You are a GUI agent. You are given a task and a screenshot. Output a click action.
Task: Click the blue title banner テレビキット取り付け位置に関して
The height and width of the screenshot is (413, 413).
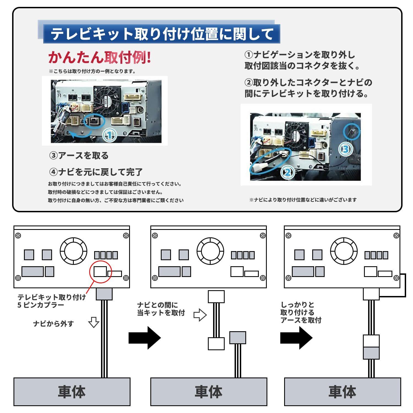[162, 34]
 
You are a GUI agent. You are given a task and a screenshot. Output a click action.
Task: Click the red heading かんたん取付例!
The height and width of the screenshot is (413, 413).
[100, 57]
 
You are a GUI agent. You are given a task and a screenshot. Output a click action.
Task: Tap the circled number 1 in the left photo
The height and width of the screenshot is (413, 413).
[109, 135]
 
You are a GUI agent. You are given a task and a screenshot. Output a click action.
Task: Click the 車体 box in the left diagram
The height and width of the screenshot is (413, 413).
[72, 392]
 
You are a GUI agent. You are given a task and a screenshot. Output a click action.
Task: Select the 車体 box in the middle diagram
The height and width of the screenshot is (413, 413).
[209, 392]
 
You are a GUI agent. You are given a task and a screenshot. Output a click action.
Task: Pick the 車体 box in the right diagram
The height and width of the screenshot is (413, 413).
[342, 392]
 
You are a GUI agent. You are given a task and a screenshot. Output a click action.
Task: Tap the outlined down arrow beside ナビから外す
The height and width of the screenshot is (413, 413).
[94, 322]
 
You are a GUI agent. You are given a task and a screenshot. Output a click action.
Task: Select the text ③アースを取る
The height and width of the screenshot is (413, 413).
[79, 156]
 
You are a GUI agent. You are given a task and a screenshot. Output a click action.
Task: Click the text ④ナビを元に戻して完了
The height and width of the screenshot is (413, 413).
[96, 172]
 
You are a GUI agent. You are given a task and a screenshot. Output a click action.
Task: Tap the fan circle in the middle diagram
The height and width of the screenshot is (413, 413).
[210, 251]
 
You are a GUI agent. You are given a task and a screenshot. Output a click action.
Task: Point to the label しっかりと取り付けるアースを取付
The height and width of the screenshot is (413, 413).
[301, 313]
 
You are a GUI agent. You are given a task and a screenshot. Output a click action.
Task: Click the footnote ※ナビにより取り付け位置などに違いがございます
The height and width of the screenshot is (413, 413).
[303, 200]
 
